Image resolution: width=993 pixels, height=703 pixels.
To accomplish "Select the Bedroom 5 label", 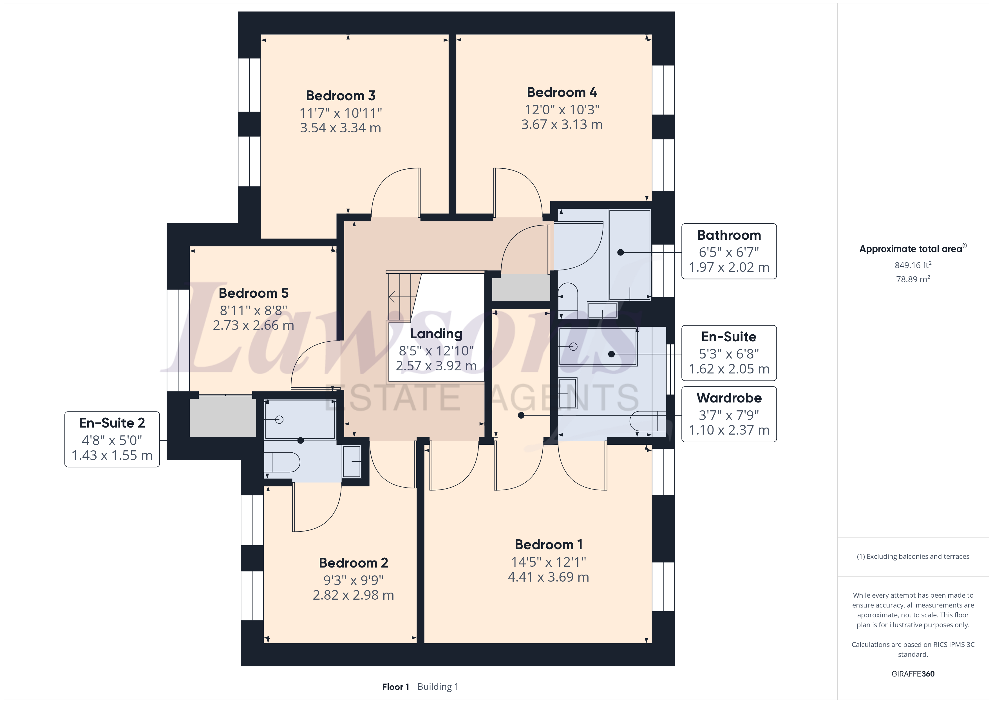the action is [253, 293].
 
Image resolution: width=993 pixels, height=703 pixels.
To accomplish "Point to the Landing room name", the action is [436, 334].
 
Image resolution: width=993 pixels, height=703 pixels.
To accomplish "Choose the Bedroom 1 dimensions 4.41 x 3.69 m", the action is [548, 577].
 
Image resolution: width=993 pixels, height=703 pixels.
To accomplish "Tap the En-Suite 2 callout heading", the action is [112, 423].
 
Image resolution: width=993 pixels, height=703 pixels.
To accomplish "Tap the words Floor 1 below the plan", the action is [395, 687].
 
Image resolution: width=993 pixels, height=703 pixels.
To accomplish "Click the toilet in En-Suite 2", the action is [282, 462].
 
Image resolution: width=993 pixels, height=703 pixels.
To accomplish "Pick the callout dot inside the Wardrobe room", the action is [521, 415].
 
